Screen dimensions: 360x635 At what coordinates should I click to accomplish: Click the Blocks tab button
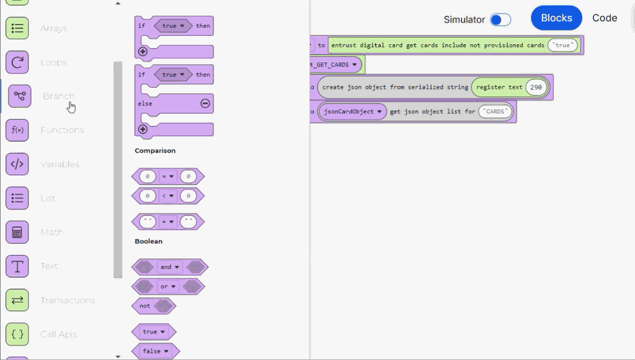(x=556, y=18)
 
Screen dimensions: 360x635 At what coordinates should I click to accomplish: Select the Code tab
(x=604, y=18)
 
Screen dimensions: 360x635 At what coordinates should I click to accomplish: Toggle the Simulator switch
(x=500, y=20)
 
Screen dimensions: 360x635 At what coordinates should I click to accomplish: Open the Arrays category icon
(x=17, y=28)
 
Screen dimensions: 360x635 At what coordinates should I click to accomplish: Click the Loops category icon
(x=17, y=62)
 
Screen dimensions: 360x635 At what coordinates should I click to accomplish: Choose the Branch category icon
(x=19, y=96)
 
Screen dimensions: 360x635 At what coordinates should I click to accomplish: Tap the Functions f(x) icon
(x=17, y=130)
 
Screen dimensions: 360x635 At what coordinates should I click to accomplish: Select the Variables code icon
(x=17, y=164)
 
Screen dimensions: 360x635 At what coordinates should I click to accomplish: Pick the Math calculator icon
(x=17, y=232)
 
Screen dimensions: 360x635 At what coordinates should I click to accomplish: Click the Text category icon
(x=17, y=266)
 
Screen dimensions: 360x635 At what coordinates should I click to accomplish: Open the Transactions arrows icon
(x=17, y=300)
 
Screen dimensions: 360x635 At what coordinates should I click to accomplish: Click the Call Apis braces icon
(x=17, y=334)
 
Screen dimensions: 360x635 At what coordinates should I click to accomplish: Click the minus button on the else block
(x=205, y=103)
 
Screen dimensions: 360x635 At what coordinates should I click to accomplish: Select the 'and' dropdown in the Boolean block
(x=169, y=267)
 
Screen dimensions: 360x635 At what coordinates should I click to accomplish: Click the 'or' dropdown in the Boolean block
(x=168, y=286)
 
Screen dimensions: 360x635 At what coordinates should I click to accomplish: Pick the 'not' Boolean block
(x=145, y=306)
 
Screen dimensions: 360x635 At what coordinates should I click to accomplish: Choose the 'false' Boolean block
(x=155, y=351)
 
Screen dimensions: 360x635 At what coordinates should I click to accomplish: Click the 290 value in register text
(x=536, y=87)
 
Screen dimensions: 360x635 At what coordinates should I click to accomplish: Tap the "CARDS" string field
(x=495, y=112)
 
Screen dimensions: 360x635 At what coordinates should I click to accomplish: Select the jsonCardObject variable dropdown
(x=353, y=112)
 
